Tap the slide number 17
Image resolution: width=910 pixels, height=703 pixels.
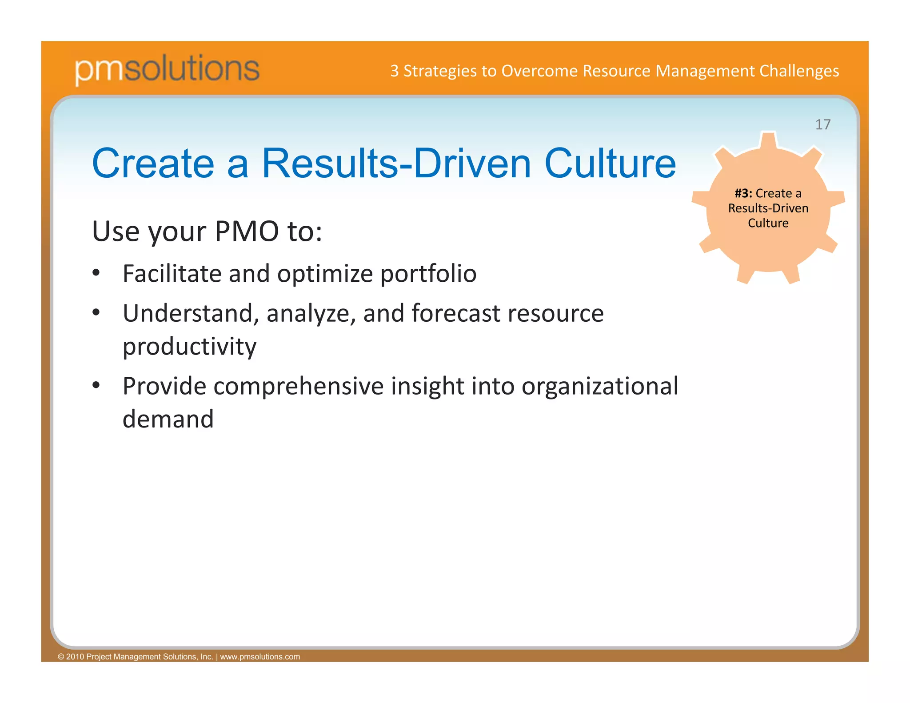[822, 124]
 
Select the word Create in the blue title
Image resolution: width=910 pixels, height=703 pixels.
[153, 164]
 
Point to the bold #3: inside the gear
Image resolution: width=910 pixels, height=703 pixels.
[743, 193]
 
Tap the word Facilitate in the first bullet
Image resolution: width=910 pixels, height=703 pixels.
[172, 273]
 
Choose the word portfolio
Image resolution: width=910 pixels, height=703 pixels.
[428, 273]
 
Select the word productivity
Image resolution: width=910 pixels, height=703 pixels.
[189, 347]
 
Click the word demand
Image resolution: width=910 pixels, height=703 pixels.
[168, 419]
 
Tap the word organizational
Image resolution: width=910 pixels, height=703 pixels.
[600, 386]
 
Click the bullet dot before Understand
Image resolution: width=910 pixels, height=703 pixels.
[96, 312]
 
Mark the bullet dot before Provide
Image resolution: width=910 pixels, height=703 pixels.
[96, 385]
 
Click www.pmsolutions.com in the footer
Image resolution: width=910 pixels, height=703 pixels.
[260, 657]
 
